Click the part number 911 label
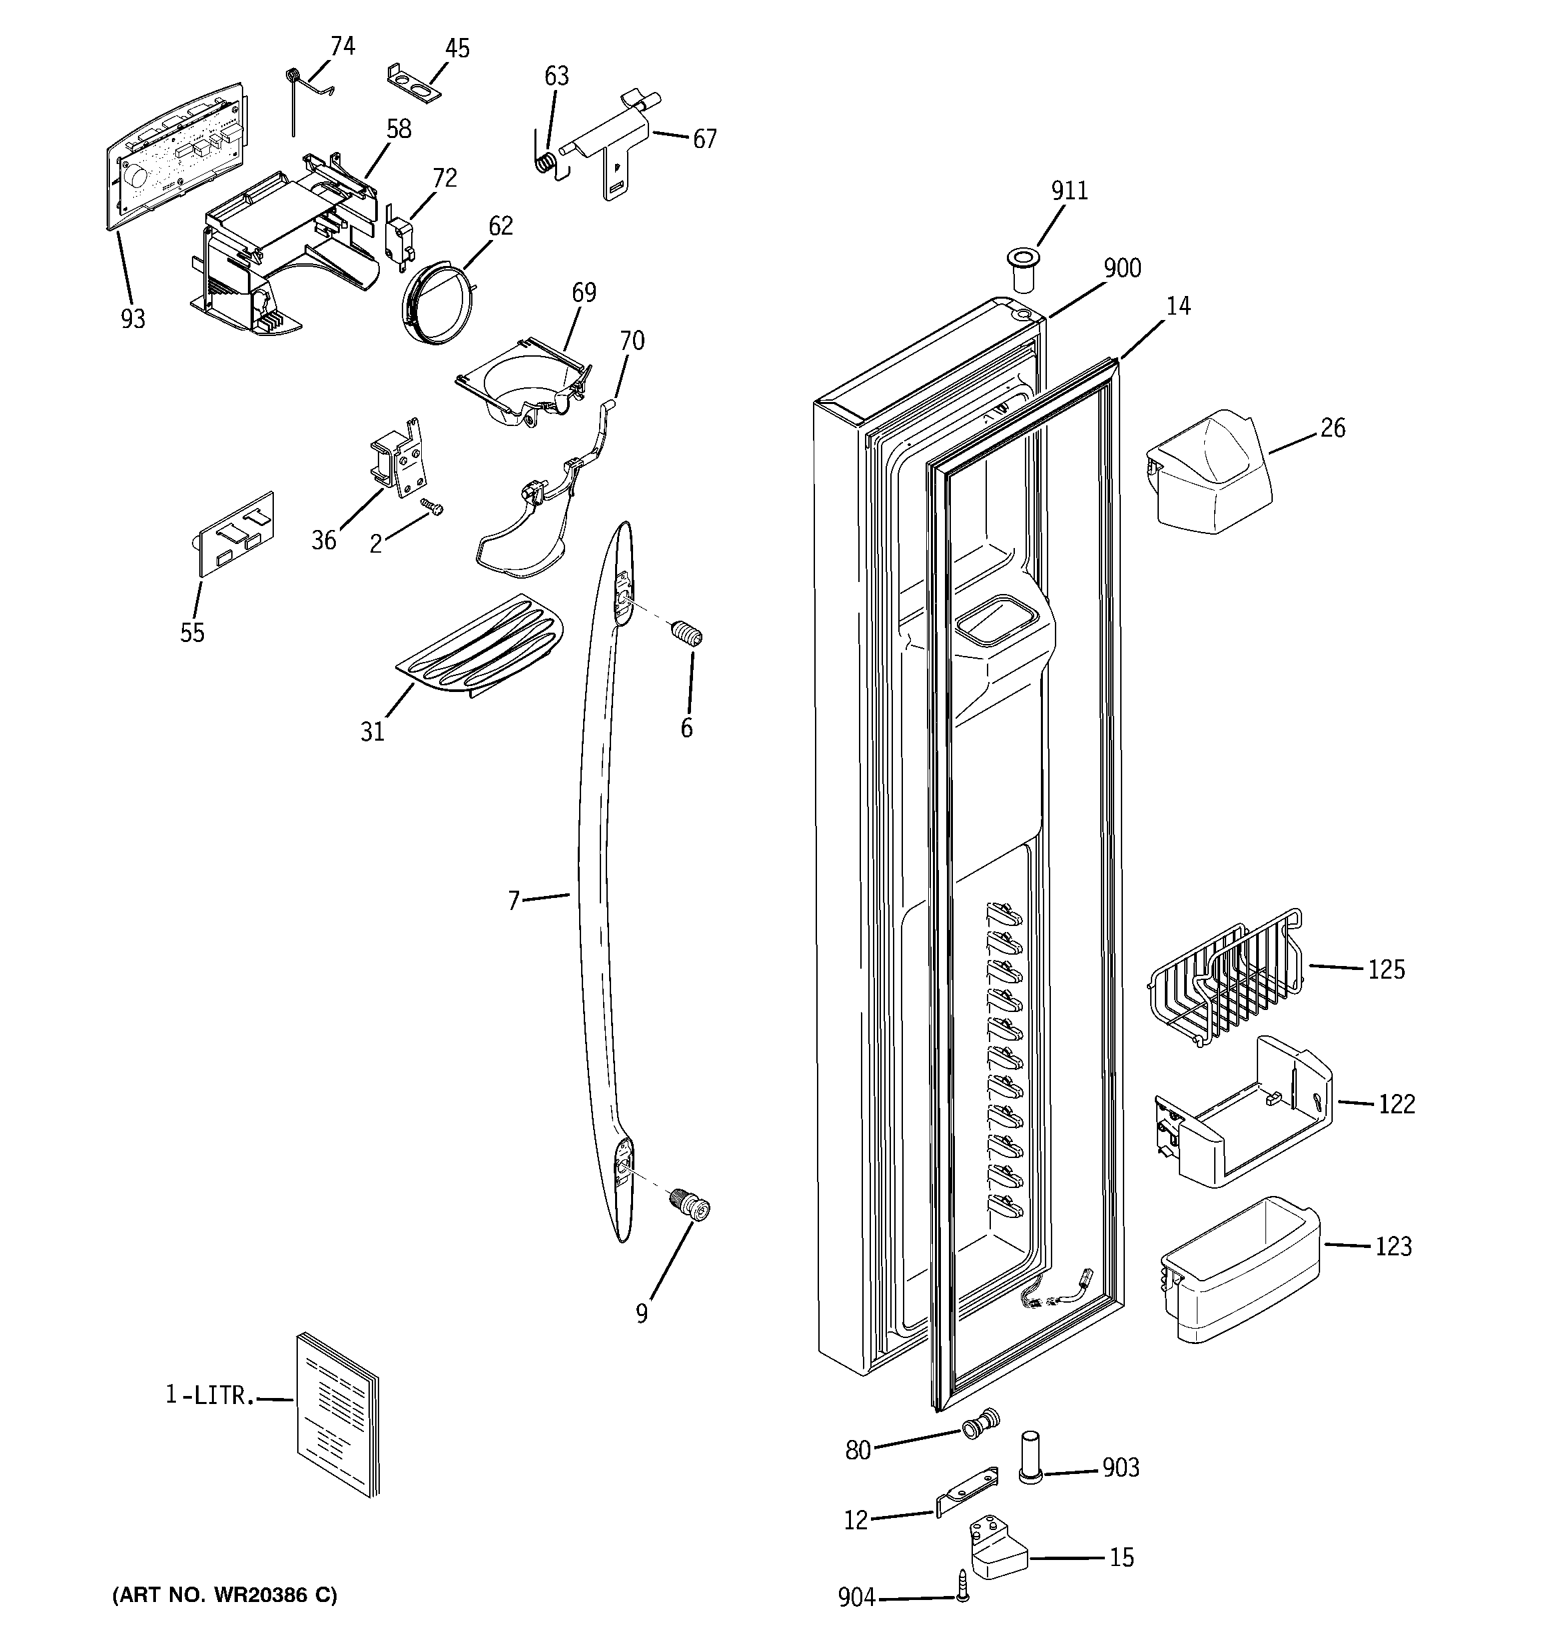[1069, 191]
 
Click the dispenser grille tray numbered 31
[480, 646]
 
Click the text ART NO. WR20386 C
[224, 1595]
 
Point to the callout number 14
[1177, 306]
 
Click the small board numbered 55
[233, 534]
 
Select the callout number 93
[133, 319]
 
